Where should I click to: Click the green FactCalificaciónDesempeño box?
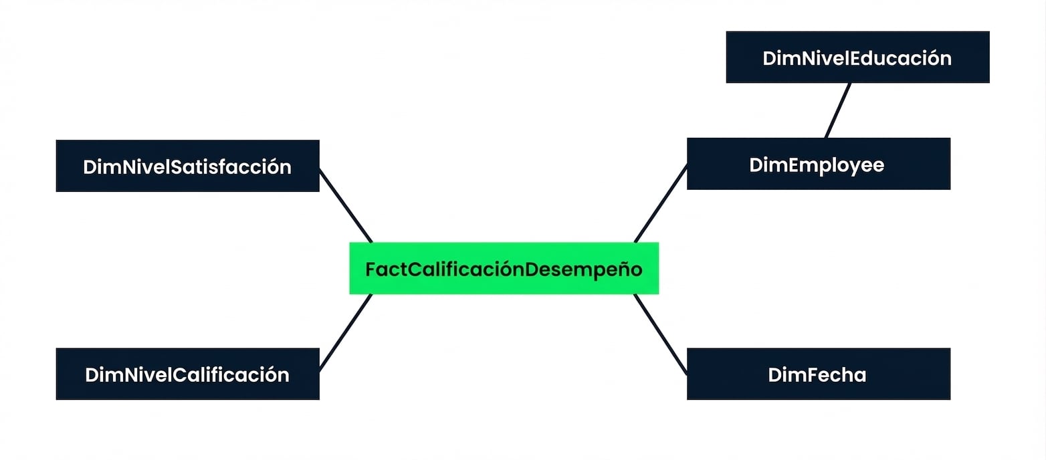pyautogui.click(x=504, y=268)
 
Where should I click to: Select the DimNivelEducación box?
pyautogui.click(x=857, y=57)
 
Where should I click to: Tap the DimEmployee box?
pyautogui.click(x=818, y=163)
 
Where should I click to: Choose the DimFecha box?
pyautogui.click(x=818, y=374)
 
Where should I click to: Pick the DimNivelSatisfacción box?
pyautogui.click(x=187, y=166)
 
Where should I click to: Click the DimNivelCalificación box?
pyautogui.click(x=187, y=374)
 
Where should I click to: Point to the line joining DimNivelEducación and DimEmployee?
pyautogui.click(x=838, y=110)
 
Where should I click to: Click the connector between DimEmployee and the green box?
pyautogui.click(x=661, y=203)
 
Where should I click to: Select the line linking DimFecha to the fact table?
pyautogui.click(x=660, y=334)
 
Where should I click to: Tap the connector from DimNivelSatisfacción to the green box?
pyautogui.click(x=346, y=206)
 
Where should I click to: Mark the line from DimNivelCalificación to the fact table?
pyautogui.click(x=346, y=332)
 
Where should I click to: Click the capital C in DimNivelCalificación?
pyautogui.click(x=179, y=375)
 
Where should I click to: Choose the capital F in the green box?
pyautogui.click(x=371, y=269)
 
